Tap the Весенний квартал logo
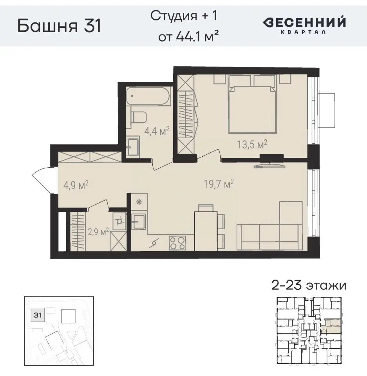[x=304, y=25]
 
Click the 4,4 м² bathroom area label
[x=156, y=130]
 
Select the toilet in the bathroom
[x=139, y=116]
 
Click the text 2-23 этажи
[x=309, y=285]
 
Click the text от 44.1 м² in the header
[x=188, y=37]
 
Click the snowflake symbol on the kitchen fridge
[x=137, y=202]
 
